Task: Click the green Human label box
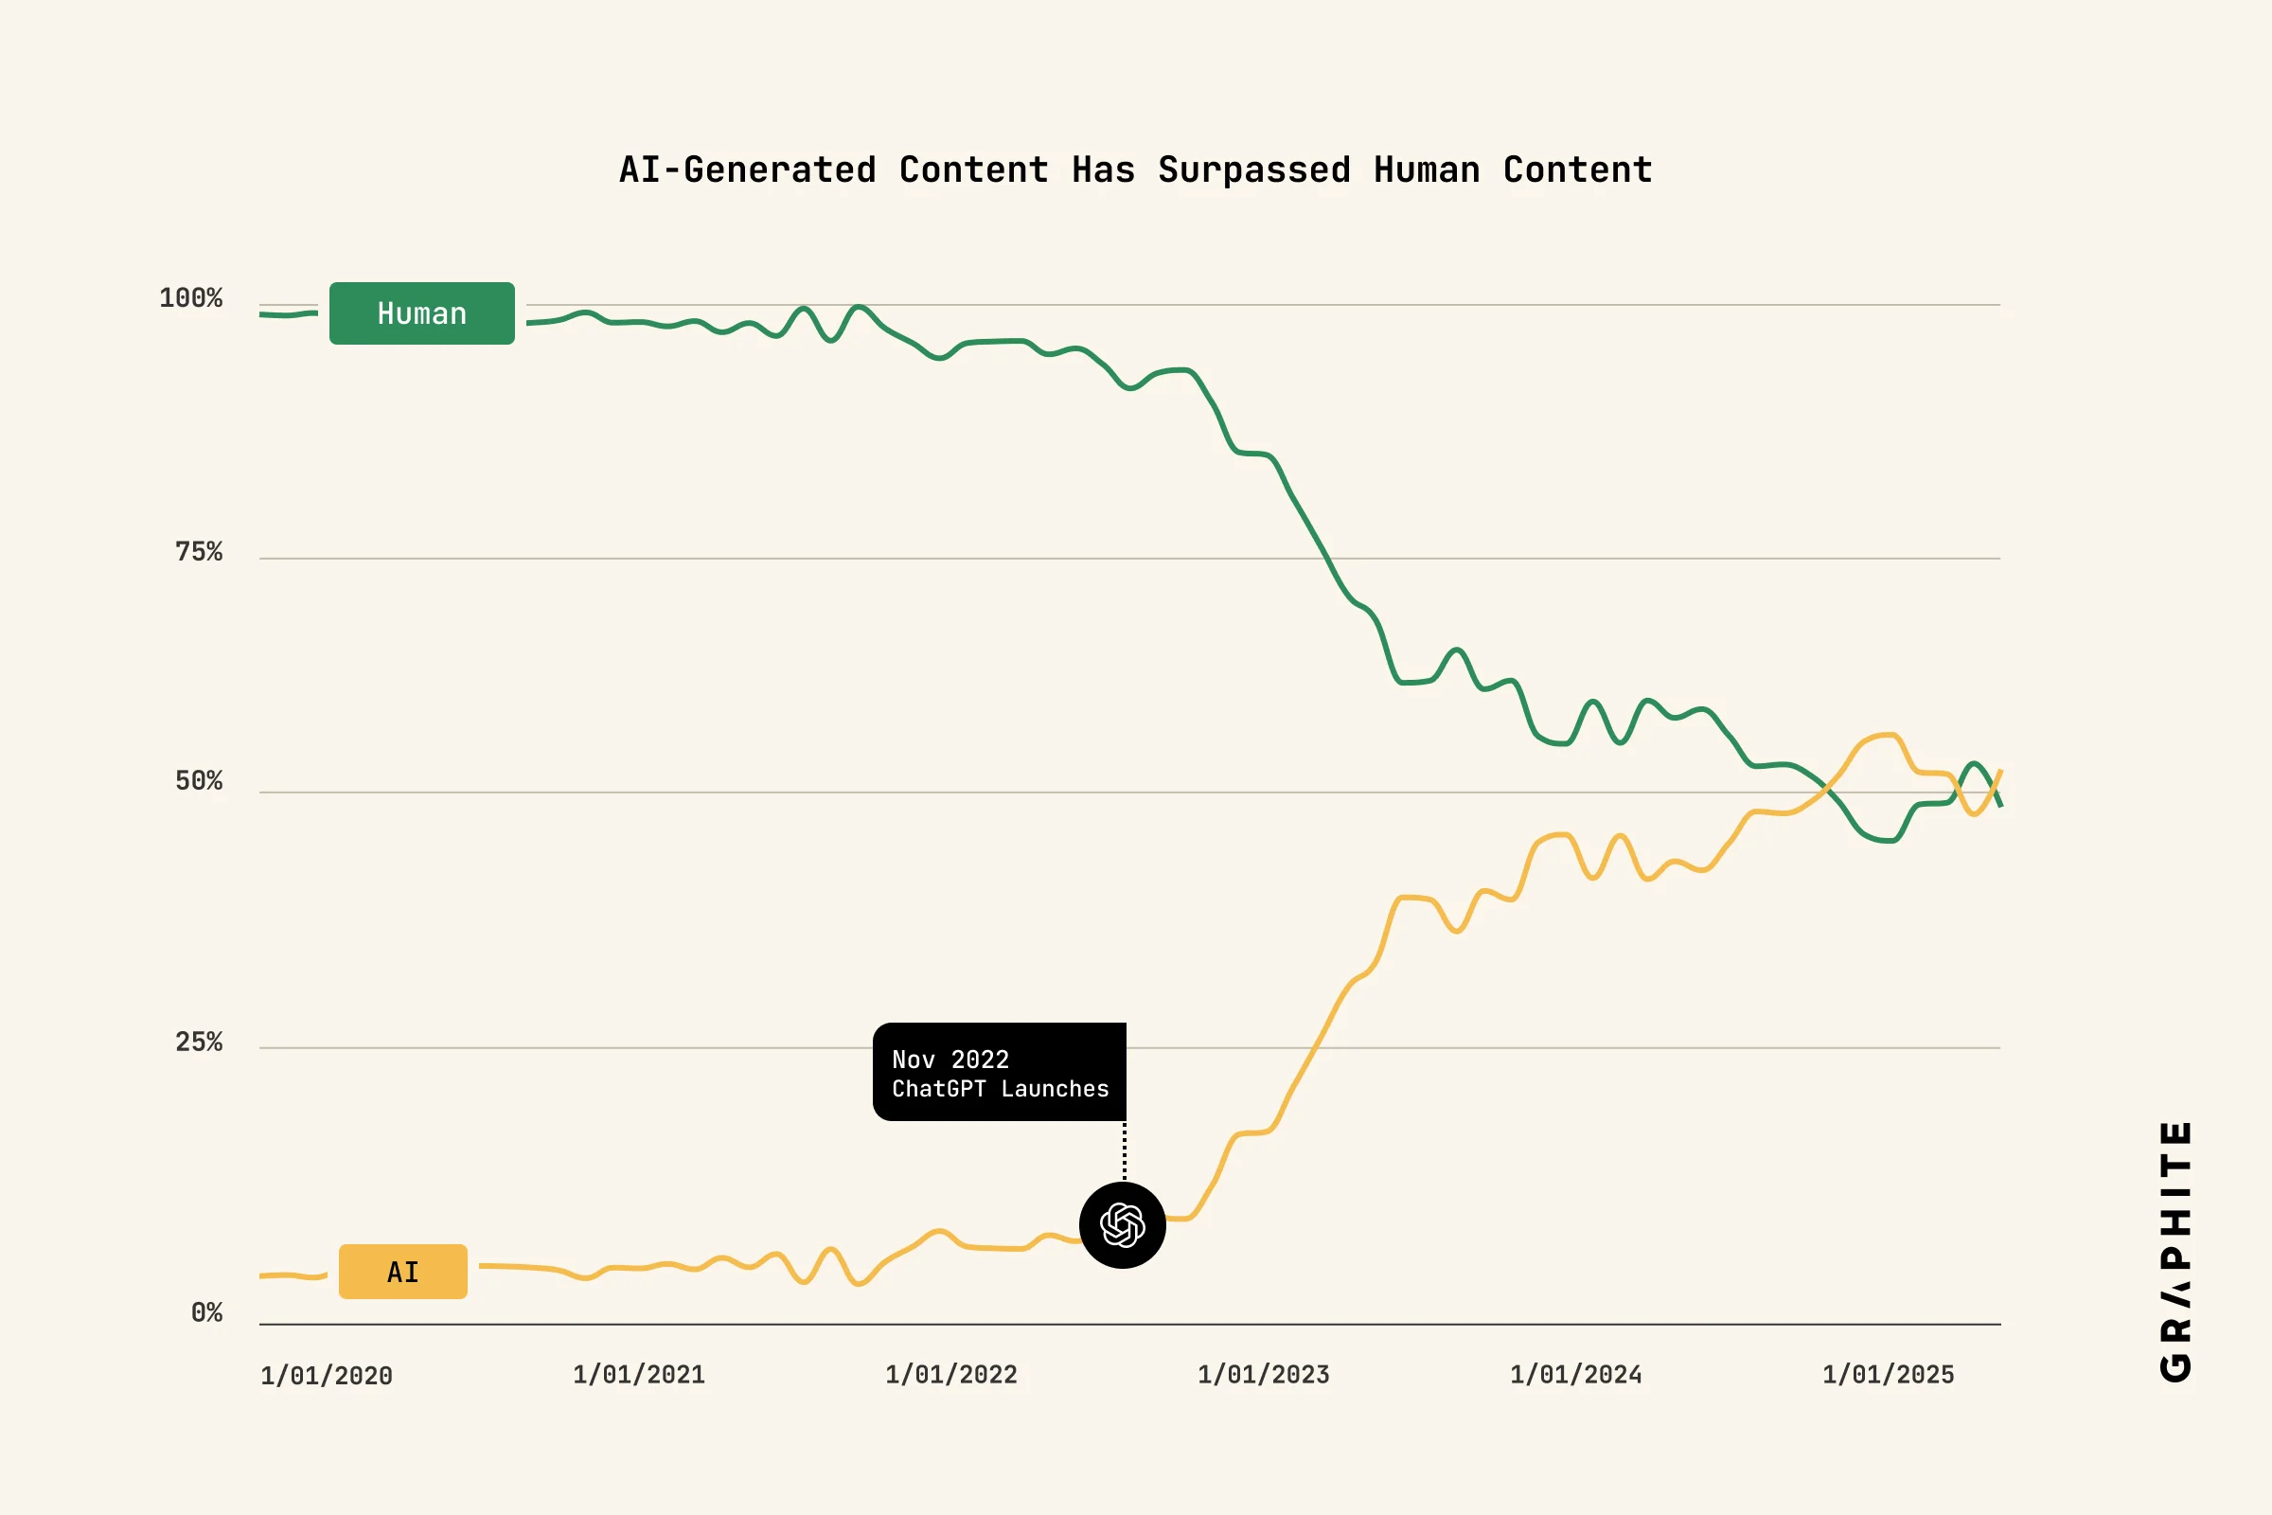(x=421, y=313)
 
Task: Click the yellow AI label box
(x=403, y=1272)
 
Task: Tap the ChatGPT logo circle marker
(x=1123, y=1225)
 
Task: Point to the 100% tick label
(x=190, y=297)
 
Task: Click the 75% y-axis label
(x=198, y=552)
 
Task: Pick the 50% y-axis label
(x=198, y=780)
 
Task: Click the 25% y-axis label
(x=198, y=1042)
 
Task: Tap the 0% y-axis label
(x=205, y=1312)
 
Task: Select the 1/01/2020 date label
(x=327, y=1376)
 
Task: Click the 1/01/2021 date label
(x=638, y=1375)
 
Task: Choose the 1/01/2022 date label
(x=950, y=1375)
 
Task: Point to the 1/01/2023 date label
(x=1264, y=1375)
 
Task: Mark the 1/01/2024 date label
(x=1575, y=1375)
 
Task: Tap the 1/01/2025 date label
(x=1888, y=1375)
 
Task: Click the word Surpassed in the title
(x=1253, y=170)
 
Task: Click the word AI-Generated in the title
(x=748, y=170)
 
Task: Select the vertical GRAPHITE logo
(x=2175, y=1251)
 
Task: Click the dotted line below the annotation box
(x=1125, y=1150)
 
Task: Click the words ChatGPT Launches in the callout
(x=1000, y=1089)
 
